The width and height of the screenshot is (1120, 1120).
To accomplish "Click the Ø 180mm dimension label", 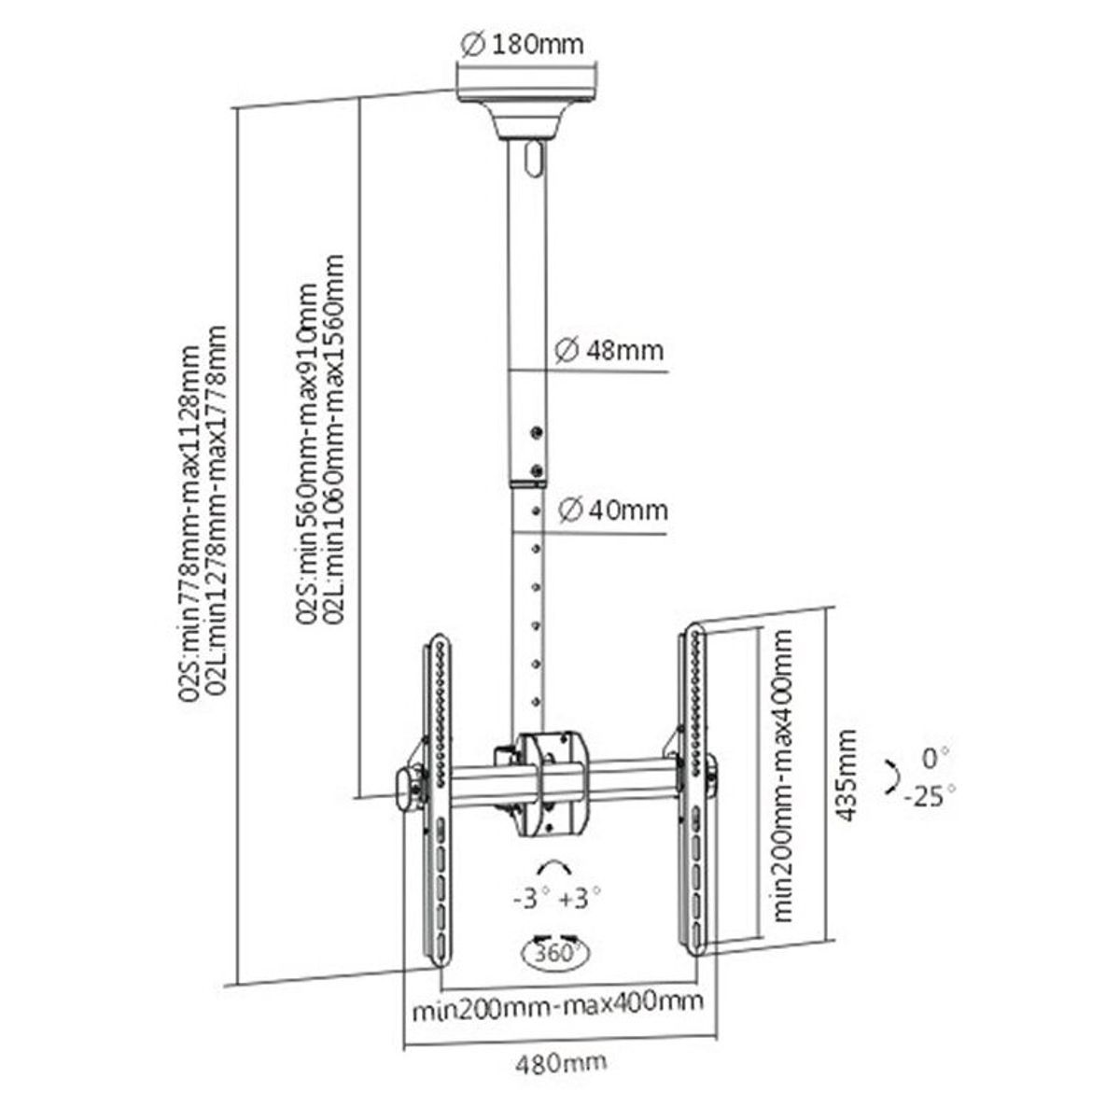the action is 522,45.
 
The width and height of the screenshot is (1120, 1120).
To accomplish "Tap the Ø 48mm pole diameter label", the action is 609,351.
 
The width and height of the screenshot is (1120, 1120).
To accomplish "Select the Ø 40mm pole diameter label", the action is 612,511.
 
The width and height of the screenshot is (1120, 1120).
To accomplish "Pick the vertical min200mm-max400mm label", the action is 783,775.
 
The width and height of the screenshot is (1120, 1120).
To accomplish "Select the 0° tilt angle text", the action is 936,760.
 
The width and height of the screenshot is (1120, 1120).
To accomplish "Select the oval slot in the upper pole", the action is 534,158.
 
